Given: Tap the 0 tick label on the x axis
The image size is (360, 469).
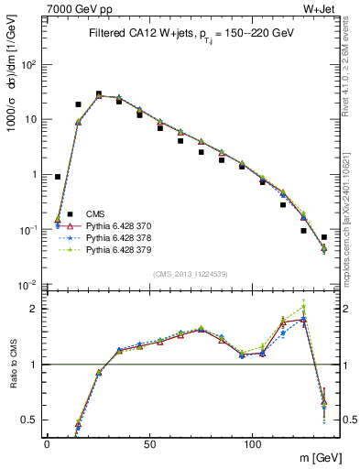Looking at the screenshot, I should [x=47, y=442].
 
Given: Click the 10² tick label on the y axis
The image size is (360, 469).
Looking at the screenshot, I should [x=28, y=64].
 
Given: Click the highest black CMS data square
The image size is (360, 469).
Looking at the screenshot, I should [x=98, y=93].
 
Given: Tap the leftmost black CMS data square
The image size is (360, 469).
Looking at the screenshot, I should [x=58, y=177].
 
